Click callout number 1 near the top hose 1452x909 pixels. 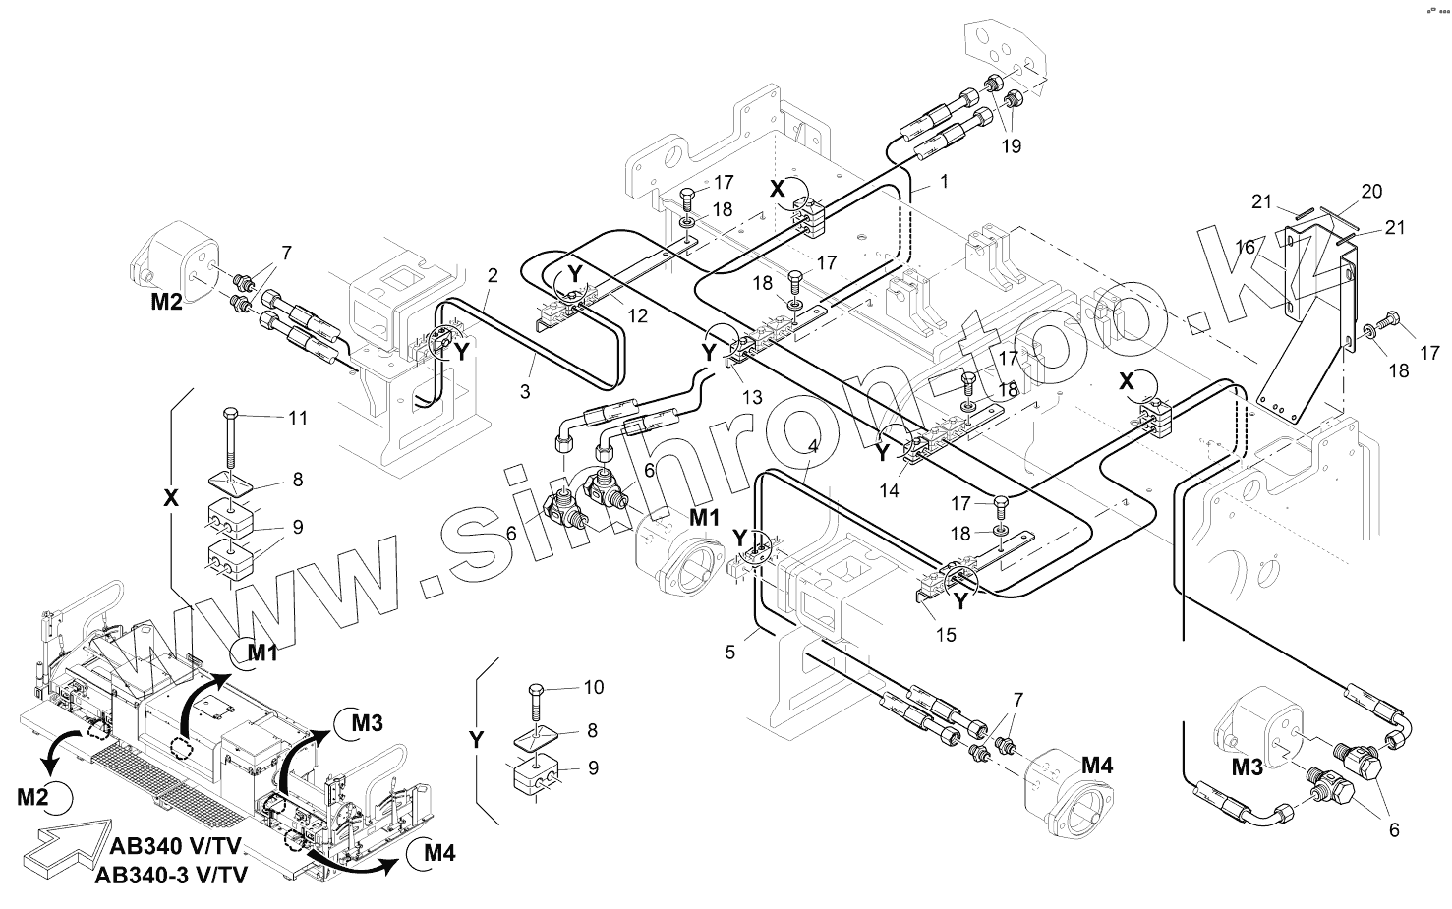click(x=944, y=182)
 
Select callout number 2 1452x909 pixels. click(x=493, y=275)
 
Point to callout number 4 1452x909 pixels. click(x=812, y=444)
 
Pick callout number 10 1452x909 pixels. click(x=593, y=686)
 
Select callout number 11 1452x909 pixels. click(x=298, y=418)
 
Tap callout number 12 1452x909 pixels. click(x=639, y=316)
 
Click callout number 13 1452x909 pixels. click(x=752, y=397)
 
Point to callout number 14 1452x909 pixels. click(x=889, y=492)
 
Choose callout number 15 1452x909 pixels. click(x=945, y=635)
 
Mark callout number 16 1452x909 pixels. click(x=1246, y=249)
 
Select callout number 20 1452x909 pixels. click(x=1371, y=191)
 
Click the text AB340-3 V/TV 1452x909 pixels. click(x=172, y=876)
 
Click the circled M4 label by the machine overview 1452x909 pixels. click(x=436, y=853)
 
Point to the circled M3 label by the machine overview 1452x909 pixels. click(x=365, y=724)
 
